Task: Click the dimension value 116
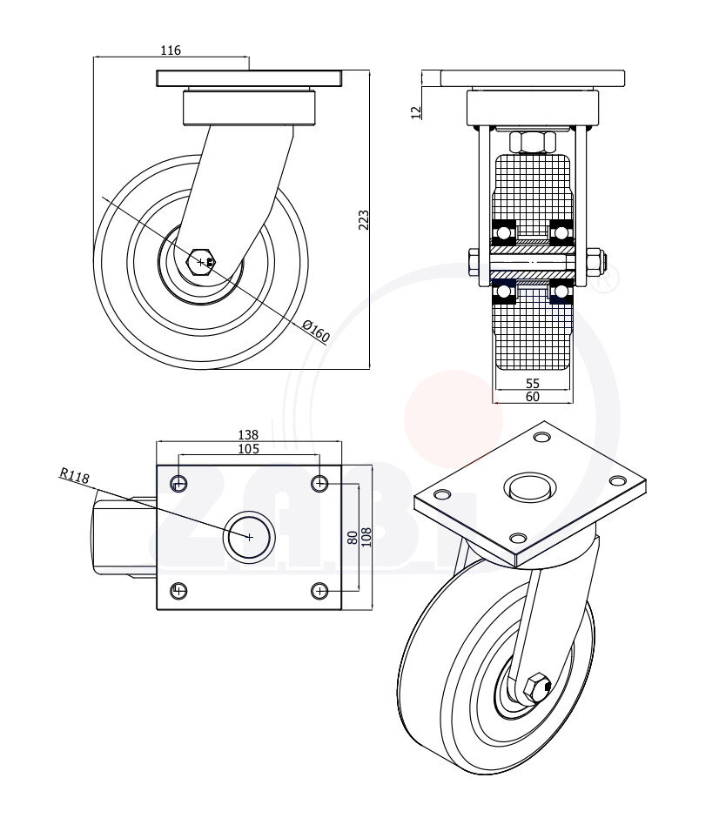coord(171,50)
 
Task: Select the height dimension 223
coord(364,220)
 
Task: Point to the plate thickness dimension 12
coord(416,111)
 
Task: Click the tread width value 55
coord(533,383)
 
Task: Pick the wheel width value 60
coord(533,397)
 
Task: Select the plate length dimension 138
coord(248,434)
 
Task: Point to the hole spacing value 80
coord(352,537)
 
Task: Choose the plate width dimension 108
coord(366,537)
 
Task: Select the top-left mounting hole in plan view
coord(178,483)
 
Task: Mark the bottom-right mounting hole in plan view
coord(319,592)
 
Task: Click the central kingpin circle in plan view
coord(249,537)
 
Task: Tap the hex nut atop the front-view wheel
coord(532,142)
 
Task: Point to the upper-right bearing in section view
coord(561,232)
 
